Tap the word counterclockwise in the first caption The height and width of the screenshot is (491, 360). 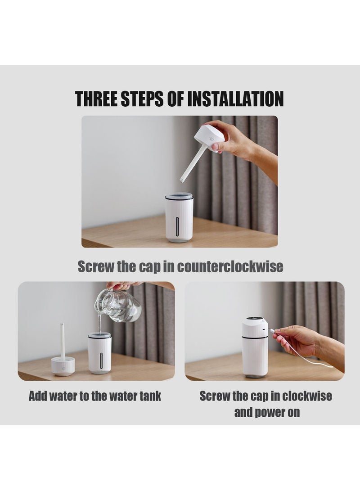[x=230, y=266]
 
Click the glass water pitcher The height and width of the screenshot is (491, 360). [x=118, y=305]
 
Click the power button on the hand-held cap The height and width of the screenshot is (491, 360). [x=212, y=139]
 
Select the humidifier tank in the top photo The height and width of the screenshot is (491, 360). [x=179, y=217]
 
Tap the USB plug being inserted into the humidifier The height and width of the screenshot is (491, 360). [x=270, y=330]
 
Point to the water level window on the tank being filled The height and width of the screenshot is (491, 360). [x=101, y=361]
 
